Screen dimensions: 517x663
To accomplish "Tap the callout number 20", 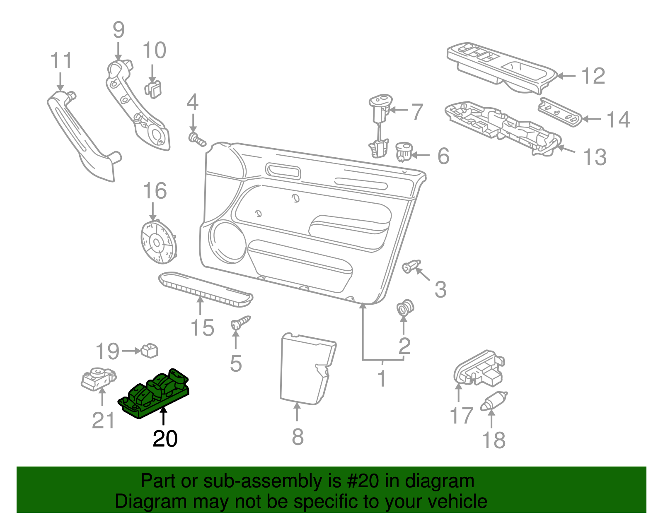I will (x=165, y=439).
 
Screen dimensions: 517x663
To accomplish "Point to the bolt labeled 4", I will (x=197, y=139).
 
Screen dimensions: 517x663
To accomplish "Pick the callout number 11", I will (x=61, y=61).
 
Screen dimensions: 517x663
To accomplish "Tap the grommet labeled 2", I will (x=405, y=308).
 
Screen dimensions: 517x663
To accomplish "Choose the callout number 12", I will (x=593, y=76).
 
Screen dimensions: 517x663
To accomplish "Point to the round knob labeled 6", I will (x=403, y=151).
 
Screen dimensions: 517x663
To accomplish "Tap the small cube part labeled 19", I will (x=150, y=351).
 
